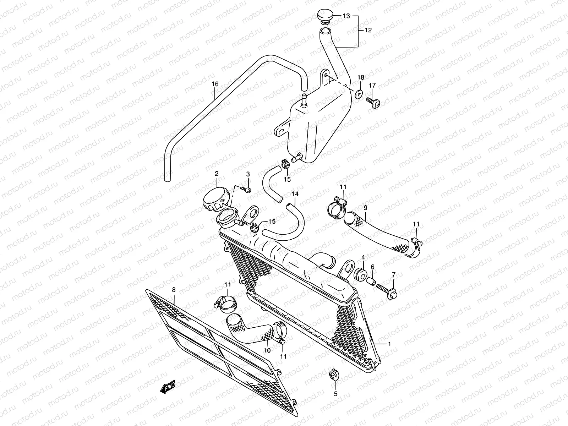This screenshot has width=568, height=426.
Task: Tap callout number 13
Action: [346, 16]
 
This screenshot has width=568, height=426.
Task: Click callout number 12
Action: [368, 31]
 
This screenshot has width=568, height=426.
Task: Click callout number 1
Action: [389, 344]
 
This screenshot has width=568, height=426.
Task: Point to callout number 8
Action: [174, 290]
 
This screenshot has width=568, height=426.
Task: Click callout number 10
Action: [267, 350]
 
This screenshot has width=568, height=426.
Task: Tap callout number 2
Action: [216, 174]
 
